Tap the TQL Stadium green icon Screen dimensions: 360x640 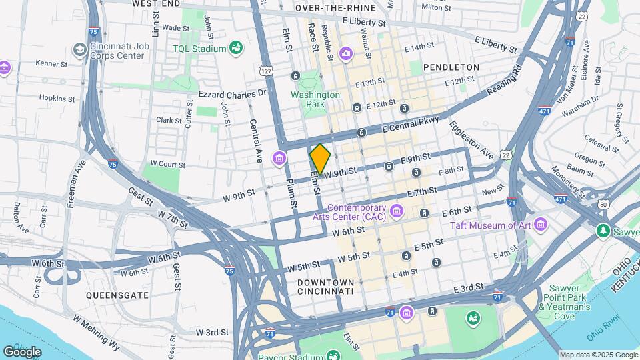[235, 47]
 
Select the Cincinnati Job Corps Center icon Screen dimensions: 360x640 [79, 50]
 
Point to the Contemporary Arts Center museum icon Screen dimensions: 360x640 [397, 212]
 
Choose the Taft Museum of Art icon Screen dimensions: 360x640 [539, 224]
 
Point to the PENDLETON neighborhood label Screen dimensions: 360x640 [451, 67]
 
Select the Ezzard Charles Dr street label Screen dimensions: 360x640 [232, 94]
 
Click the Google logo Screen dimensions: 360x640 [22, 351]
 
